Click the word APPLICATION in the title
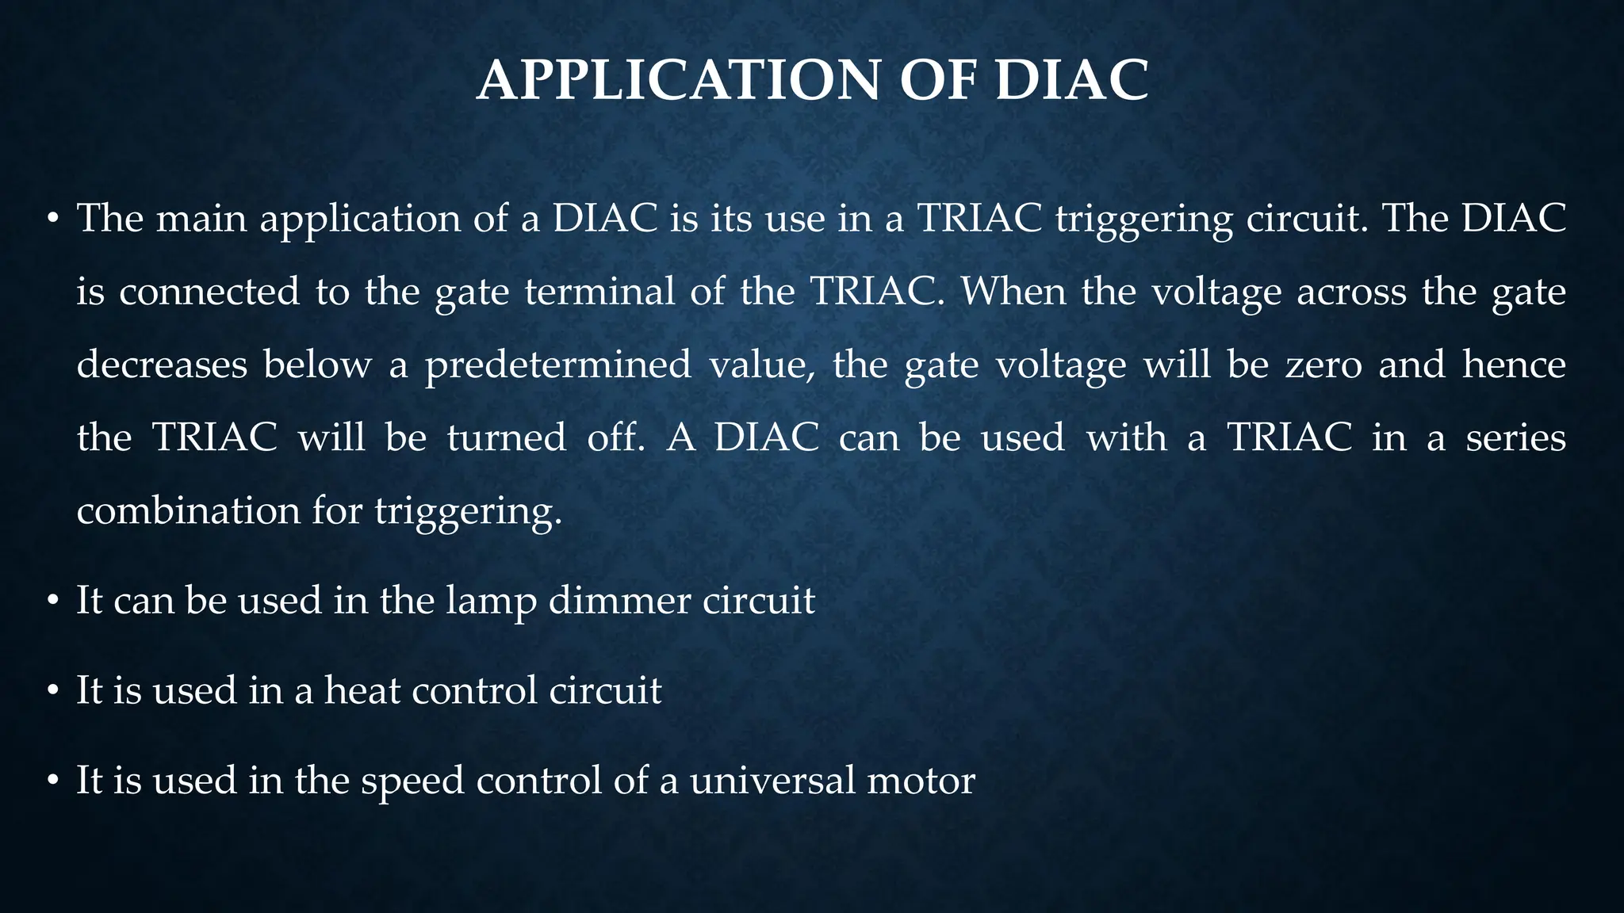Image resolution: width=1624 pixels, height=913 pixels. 678,80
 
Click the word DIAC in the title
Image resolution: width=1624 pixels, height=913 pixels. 1071,80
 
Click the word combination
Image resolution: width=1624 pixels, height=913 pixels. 188,510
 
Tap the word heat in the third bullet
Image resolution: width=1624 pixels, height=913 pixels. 362,690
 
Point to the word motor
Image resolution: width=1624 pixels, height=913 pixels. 921,781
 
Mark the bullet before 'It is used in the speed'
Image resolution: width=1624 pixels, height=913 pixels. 53,781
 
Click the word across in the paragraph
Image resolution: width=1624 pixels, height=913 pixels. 1351,292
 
